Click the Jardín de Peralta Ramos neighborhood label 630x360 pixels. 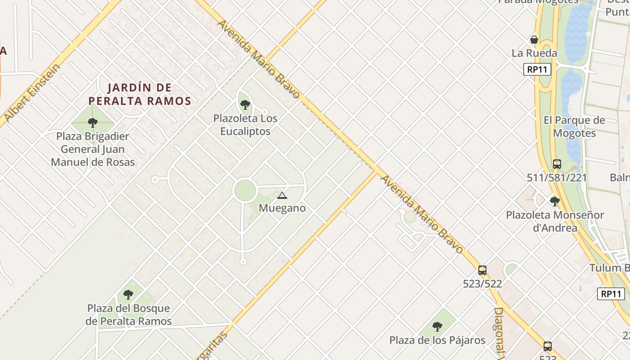tap(139, 94)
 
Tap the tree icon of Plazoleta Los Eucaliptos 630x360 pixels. tap(245, 105)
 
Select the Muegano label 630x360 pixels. tap(282, 208)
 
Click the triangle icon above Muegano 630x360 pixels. tap(282, 195)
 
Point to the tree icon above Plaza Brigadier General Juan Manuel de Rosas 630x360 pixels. tap(93, 122)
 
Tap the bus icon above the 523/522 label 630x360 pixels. tap(482, 270)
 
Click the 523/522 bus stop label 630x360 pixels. tap(482, 284)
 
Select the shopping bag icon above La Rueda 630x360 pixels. tap(534, 40)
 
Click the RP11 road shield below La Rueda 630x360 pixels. tap(537, 69)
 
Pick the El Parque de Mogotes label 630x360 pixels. tap(574, 127)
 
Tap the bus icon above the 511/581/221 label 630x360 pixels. tap(557, 164)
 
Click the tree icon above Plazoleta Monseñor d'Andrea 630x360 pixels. tap(555, 201)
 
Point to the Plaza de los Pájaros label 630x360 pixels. tap(437, 340)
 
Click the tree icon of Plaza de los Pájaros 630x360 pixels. tap(437, 327)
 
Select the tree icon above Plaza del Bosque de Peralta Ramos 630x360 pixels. tap(128, 295)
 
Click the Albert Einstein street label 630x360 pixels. tap(31, 93)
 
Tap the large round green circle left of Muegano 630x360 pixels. tap(245, 191)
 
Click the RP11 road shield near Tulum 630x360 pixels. tap(611, 294)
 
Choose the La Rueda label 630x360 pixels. tap(534, 53)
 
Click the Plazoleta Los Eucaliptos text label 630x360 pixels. tap(245, 125)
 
